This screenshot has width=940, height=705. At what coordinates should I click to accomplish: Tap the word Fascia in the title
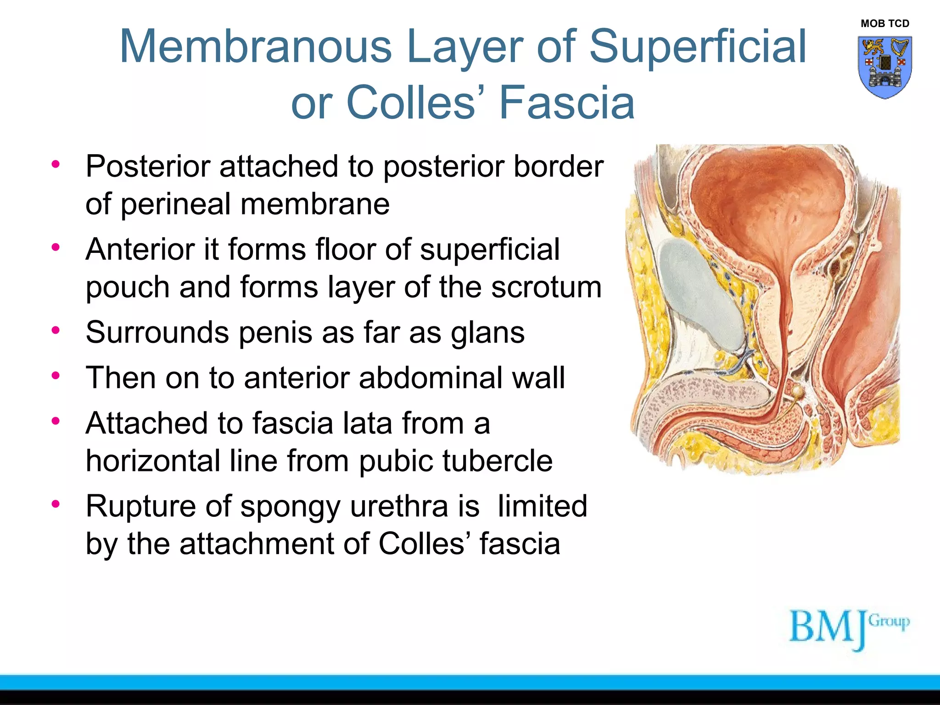point(567,102)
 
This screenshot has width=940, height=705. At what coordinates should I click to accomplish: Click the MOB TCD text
point(885,23)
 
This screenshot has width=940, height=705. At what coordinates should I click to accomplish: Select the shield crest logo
point(885,67)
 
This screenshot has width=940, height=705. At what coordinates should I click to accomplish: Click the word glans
point(487,333)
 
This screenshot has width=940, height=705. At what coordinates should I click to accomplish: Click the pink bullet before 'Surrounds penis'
point(56,330)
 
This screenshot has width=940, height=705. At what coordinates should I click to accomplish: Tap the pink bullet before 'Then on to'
point(56,376)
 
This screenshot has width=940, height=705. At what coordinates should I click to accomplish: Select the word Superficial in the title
point(697,46)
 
